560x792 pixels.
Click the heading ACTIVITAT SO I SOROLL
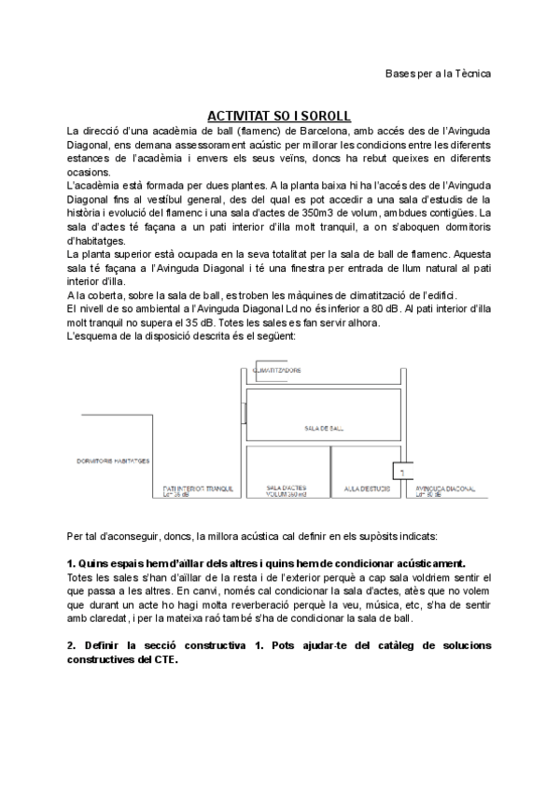pos(278,115)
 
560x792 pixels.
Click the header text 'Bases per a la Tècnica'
pos(438,73)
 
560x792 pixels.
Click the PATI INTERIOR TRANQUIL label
pos(196,488)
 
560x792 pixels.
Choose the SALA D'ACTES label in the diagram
pos(285,488)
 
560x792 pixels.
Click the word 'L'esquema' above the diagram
pos(90,335)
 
